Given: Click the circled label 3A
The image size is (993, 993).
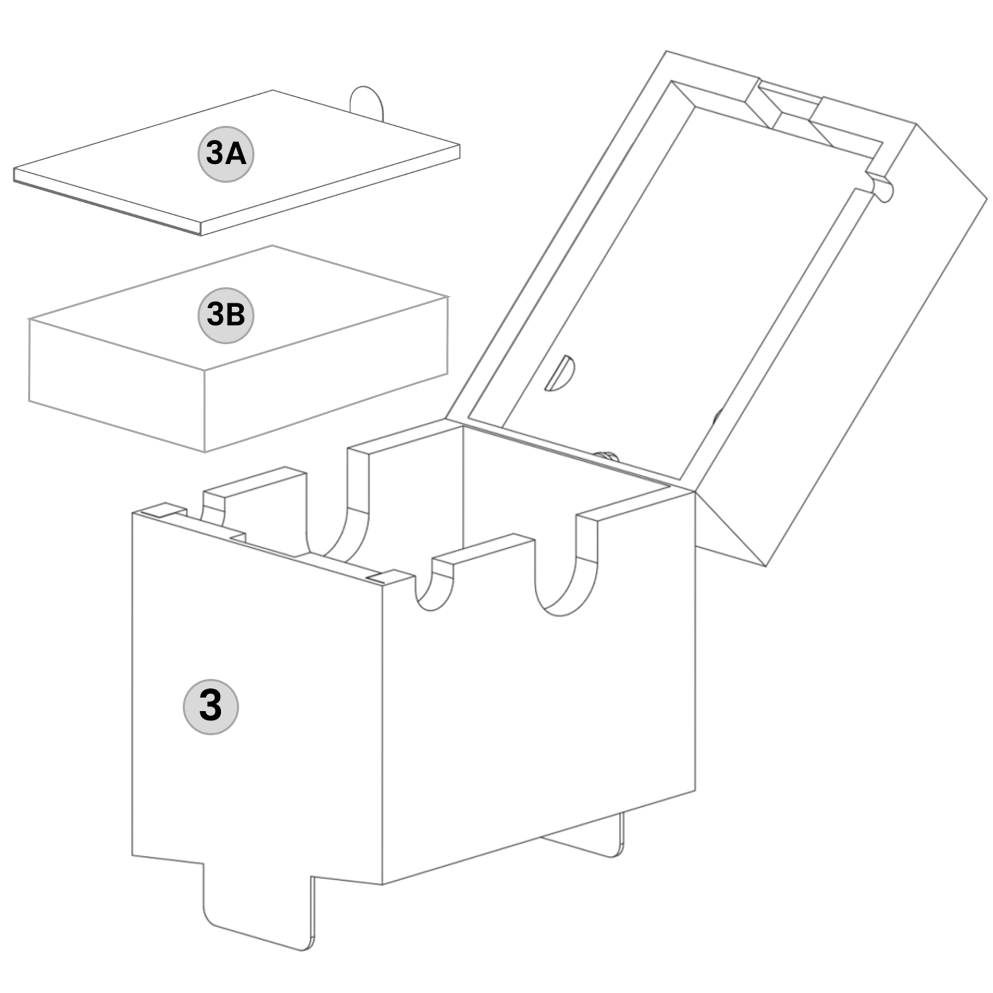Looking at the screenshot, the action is click(x=226, y=154).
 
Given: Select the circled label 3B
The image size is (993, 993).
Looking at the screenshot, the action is click(x=226, y=315).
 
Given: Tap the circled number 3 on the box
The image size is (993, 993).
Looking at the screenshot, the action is click(x=211, y=706).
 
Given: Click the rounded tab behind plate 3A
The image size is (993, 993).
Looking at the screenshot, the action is click(x=367, y=102).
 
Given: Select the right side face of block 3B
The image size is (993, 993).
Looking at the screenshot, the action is click(x=326, y=374).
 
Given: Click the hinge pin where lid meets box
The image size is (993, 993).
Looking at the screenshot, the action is click(x=606, y=456).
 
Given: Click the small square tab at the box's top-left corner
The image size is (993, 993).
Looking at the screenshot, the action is click(x=163, y=509).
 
